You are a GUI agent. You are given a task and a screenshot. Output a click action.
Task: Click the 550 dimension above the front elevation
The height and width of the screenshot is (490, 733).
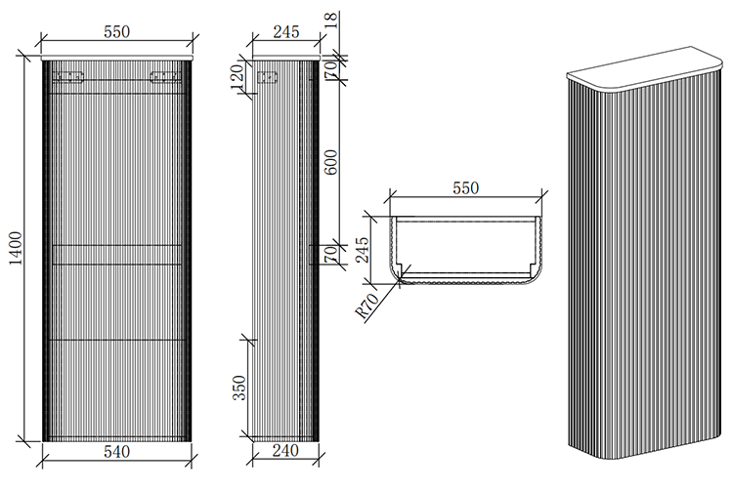pos(116,31)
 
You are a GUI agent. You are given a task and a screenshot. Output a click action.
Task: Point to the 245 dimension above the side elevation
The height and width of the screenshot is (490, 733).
pos(284,31)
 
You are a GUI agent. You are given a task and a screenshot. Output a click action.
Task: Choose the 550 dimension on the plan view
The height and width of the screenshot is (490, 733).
pos(464,188)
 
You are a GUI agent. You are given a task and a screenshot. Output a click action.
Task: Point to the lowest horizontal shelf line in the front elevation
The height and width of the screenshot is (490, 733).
pos(116,339)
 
